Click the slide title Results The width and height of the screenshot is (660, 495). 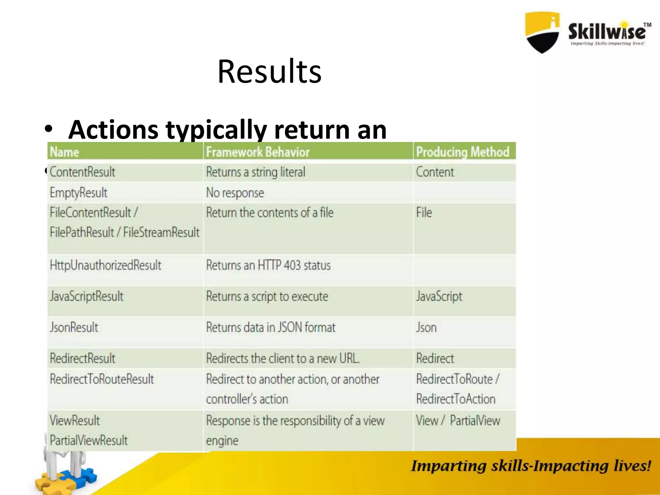pyautogui.click(x=269, y=71)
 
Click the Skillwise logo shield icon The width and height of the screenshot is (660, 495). pyautogui.click(x=542, y=32)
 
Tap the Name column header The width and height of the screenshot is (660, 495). pyautogui.click(x=64, y=152)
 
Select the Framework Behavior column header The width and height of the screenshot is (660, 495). pyautogui.click(x=258, y=152)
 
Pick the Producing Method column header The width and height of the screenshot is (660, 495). pyautogui.click(x=463, y=152)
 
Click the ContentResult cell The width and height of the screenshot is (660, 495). pyautogui.click(x=82, y=172)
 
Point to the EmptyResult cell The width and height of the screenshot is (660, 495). pyautogui.click(x=79, y=193)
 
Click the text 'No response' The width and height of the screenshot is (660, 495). pyautogui.click(x=235, y=193)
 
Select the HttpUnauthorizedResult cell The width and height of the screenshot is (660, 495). pyautogui.click(x=105, y=265)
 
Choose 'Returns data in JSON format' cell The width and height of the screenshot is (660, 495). pyautogui.click(x=271, y=327)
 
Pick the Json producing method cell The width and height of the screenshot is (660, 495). pyautogui.click(x=426, y=327)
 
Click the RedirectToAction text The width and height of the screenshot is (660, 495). pyautogui.click(x=456, y=399)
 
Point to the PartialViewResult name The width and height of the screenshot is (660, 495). pyautogui.click(x=89, y=440)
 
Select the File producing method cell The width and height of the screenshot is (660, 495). pyautogui.click(x=424, y=213)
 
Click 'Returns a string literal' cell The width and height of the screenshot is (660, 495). pyautogui.click(x=256, y=172)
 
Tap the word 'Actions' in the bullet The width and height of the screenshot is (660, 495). pyautogui.click(x=113, y=130)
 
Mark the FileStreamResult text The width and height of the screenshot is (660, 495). pyautogui.click(x=161, y=232)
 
